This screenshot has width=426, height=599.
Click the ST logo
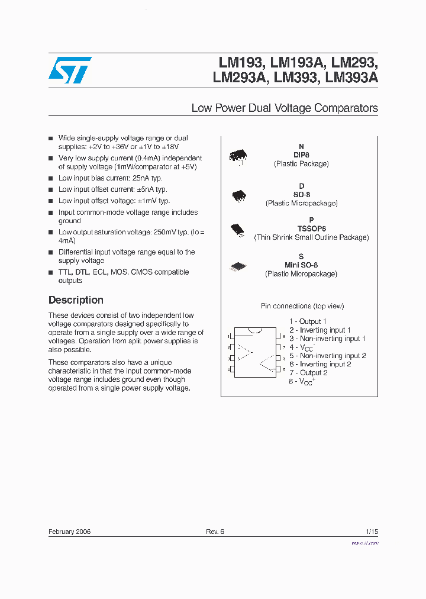coord(70,70)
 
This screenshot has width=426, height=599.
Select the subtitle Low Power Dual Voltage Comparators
coord(285,108)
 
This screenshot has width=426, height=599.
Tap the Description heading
coord(76,300)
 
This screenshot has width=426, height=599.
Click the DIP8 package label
coord(301,155)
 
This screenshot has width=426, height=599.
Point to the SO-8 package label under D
coord(301,195)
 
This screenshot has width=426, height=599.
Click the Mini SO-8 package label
coord(301,265)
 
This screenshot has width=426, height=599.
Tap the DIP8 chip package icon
coord(238,156)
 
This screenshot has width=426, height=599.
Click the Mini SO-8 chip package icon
coord(238,267)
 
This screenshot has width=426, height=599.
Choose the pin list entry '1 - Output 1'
coord(308,321)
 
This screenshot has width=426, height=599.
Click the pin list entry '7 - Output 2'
coord(308,372)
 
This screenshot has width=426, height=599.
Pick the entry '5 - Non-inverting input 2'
coord(327,356)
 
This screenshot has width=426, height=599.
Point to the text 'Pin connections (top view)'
coord(302,306)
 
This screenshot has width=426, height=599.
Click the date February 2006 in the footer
coord(69,532)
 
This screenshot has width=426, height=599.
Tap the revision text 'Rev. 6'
coord(215,532)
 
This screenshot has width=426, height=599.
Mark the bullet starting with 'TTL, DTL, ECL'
coord(124,276)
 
